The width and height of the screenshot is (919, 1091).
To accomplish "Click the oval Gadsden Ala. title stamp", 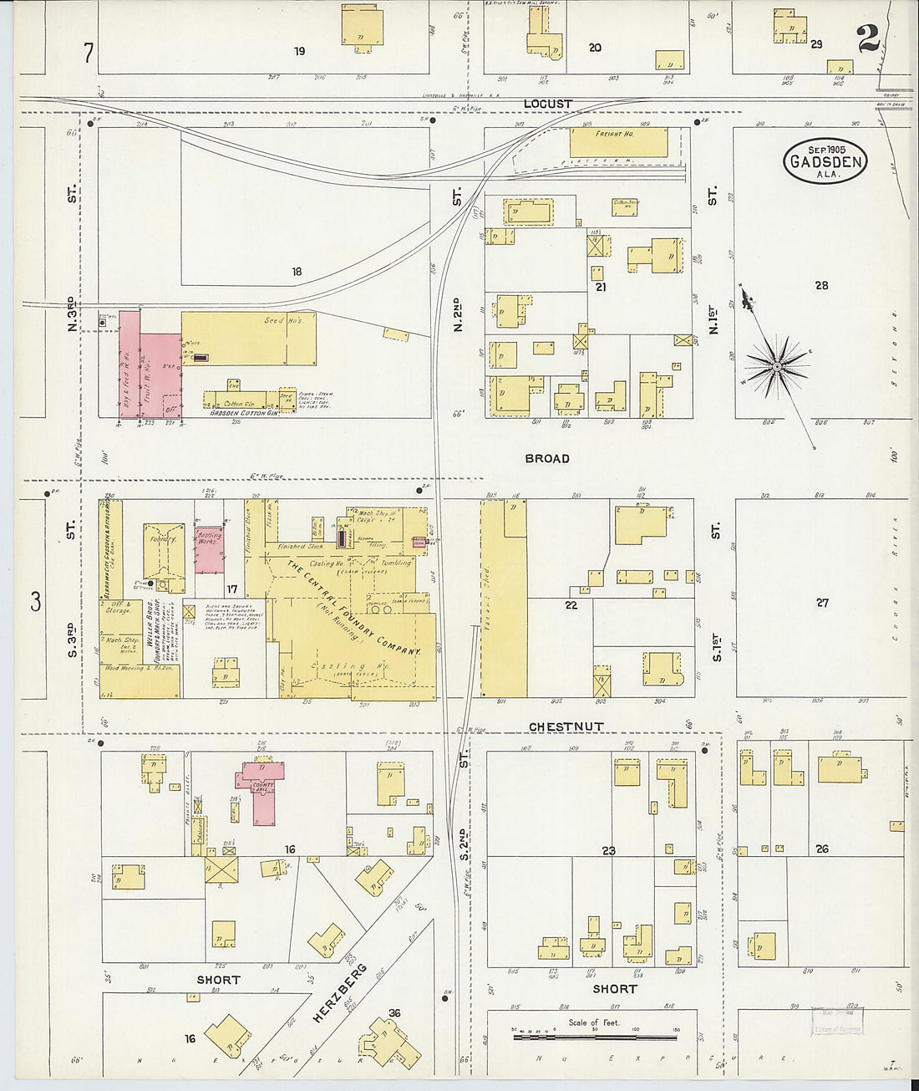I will click(x=825, y=160).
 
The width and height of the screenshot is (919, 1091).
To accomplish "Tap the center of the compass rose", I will click(x=777, y=367).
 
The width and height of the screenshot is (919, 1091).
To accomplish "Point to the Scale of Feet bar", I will click(x=595, y=1037).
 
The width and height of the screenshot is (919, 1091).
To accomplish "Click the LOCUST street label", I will click(x=547, y=104).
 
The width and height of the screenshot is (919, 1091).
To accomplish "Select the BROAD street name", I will click(x=547, y=458).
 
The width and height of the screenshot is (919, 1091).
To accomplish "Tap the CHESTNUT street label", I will click(x=566, y=726).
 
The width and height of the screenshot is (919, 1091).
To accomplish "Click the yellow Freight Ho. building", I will click(x=618, y=141).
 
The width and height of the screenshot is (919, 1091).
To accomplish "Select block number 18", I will click(x=297, y=271).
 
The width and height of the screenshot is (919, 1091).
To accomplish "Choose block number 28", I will click(x=821, y=285).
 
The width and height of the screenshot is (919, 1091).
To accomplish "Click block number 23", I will click(x=608, y=850).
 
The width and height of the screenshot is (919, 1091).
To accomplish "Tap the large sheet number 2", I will click(x=867, y=38).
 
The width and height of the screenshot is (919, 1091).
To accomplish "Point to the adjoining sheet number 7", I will click(x=88, y=53).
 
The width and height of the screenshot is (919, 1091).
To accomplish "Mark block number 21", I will click(x=600, y=287).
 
